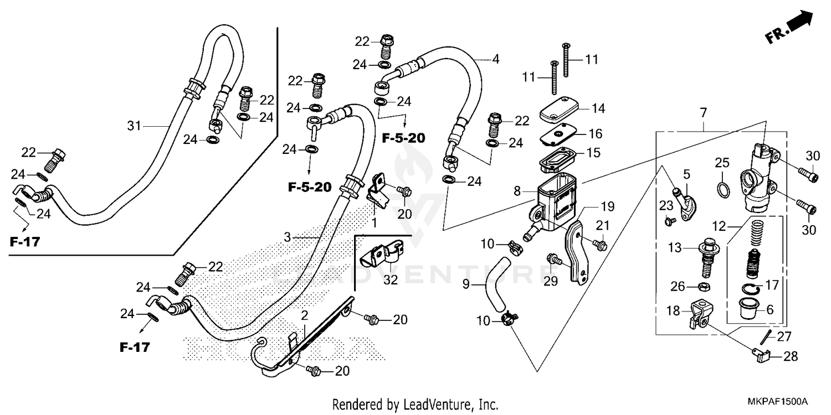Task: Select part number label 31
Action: coord(135,126)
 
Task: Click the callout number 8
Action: coord(517,191)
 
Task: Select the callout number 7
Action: coord(703,113)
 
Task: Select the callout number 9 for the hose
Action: coord(465,284)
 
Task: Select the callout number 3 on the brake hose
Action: coord(287,237)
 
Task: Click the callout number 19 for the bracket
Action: coord(608,207)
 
